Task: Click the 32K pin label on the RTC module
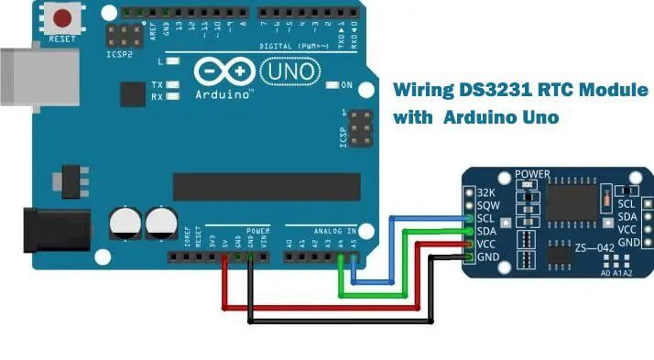486,194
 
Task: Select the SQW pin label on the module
486,206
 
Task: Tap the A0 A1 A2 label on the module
616,273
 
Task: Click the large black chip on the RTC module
572,201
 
